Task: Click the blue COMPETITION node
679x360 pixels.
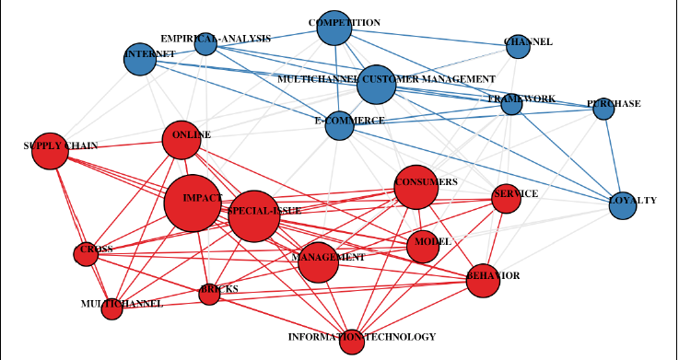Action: click(334, 29)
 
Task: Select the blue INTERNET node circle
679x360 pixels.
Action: click(140, 60)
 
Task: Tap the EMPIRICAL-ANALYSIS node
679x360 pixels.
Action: click(205, 42)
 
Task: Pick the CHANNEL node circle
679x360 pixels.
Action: click(518, 47)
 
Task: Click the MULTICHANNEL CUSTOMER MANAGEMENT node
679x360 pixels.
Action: click(376, 85)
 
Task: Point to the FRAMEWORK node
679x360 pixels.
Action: click(512, 104)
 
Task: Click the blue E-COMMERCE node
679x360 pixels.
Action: click(339, 125)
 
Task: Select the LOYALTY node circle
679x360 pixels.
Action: click(623, 205)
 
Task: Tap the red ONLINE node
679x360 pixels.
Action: click(181, 140)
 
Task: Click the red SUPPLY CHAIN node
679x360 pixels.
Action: click(50, 152)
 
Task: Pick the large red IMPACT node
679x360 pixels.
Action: click(193, 202)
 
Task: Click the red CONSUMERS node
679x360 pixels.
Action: click(416, 188)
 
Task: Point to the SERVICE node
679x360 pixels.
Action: click(506, 198)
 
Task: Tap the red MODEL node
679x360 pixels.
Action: click(422, 246)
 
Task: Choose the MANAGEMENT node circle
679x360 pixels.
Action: click(319, 261)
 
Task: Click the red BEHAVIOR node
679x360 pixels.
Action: click(482, 280)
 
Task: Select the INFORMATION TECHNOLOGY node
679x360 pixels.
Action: click(351, 343)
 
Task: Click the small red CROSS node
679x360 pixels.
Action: click(86, 254)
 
